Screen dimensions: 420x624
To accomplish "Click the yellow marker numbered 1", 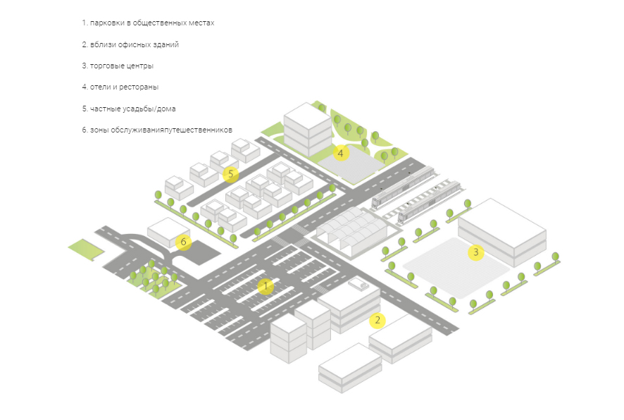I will click(x=266, y=286).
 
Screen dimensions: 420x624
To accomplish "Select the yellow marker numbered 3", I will click(x=476, y=252).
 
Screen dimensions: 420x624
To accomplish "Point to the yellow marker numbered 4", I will click(x=341, y=153).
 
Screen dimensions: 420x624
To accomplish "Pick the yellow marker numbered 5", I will click(x=230, y=174).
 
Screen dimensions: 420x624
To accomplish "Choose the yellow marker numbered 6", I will click(x=184, y=242).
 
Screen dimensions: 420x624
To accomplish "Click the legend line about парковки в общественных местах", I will click(x=148, y=23).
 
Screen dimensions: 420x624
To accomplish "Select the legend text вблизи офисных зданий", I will click(x=130, y=44).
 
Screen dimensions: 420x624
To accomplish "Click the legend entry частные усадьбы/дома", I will click(x=129, y=109).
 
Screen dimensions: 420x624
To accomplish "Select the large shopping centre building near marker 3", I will click(x=502, y=229).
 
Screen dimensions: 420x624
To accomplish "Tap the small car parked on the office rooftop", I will click(x=358, y=284).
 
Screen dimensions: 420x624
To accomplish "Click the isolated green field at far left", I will click(x=85, y=248).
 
